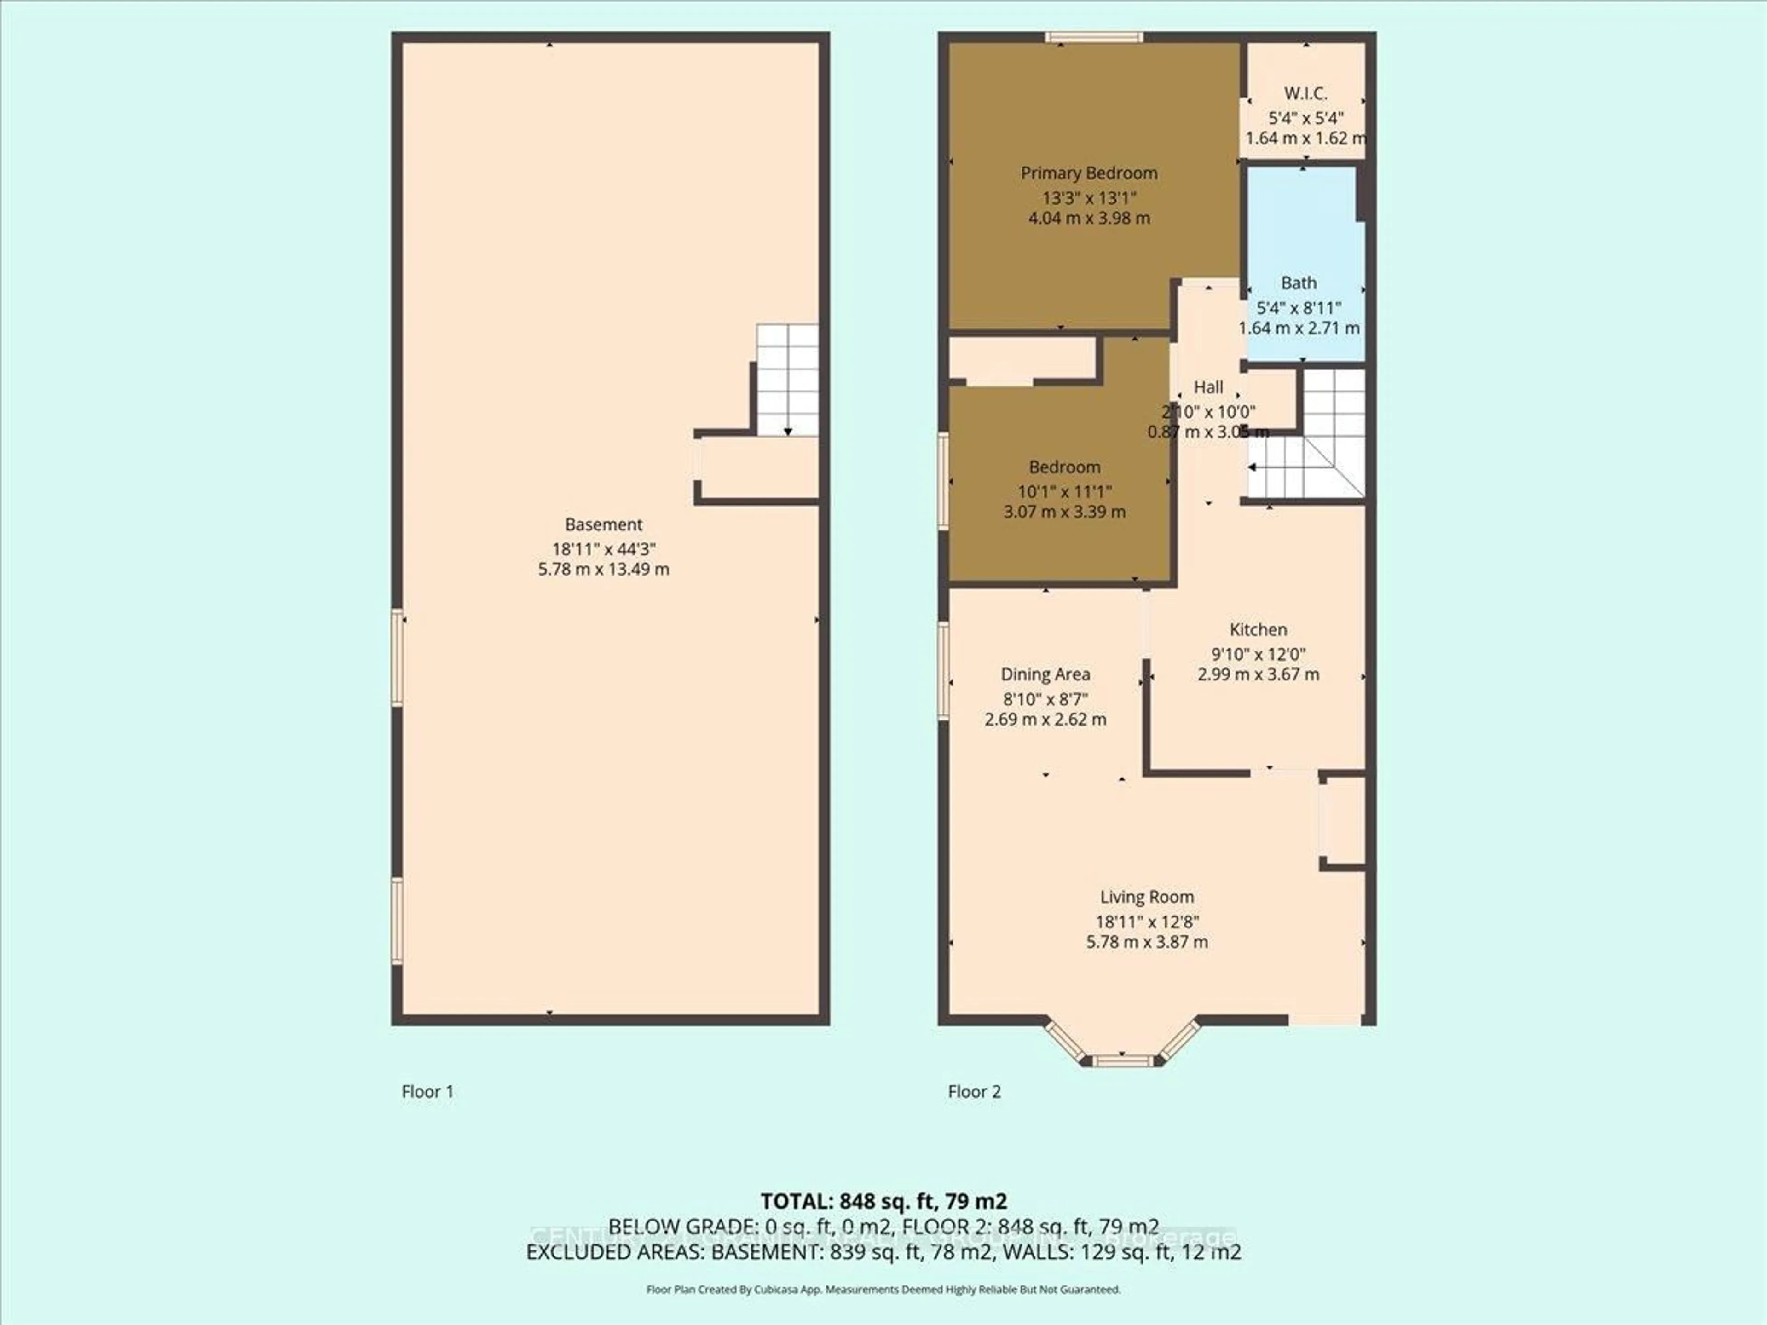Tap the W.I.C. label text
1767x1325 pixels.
tap(1305, 93)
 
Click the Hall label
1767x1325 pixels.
tap(1208, 387)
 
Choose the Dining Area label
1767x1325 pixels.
tap(1045, 674)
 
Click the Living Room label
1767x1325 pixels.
tap(1146, 897)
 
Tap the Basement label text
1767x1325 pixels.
tap(603, 525)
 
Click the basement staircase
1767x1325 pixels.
tap(787, 380)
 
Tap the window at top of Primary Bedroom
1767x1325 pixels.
tap(1094, 37)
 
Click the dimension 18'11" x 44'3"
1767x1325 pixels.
tap(603, 549)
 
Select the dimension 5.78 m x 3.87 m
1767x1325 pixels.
tap(1146, 942)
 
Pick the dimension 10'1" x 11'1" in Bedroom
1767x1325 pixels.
tap(1064, 492)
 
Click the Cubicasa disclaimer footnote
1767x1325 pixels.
tap(883, 1289)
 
